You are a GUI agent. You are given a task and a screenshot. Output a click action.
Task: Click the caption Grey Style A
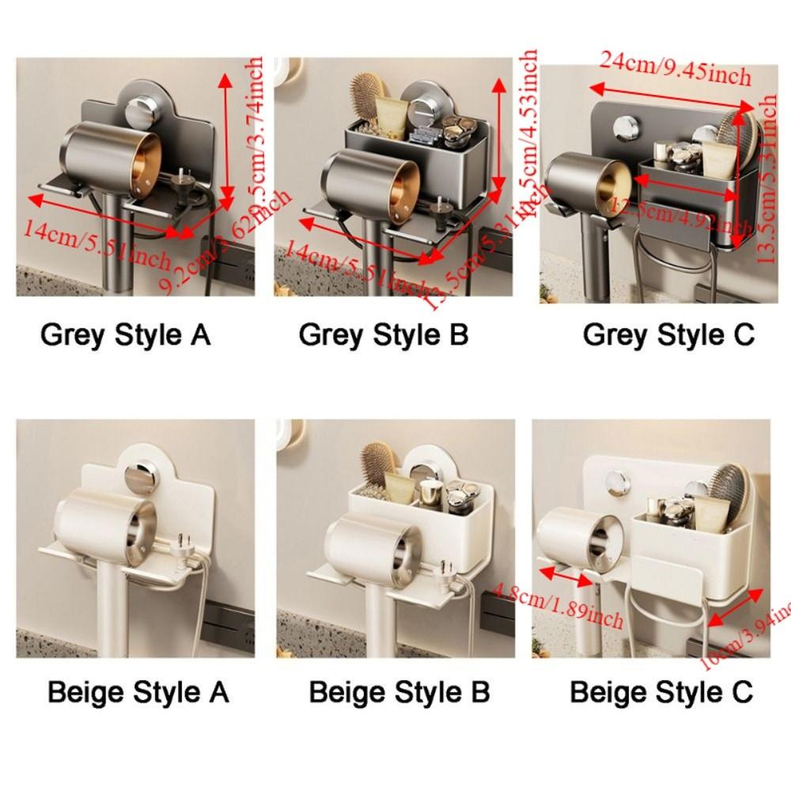click(x=125, y=335)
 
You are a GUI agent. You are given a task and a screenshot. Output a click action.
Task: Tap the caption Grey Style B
click(x=384, y=335)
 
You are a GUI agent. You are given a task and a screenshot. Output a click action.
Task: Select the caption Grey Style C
click(x=668, y=335)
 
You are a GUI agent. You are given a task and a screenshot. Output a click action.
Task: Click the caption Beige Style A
click(x=138, y=692)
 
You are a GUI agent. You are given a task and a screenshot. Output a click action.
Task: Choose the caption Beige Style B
click(x=399, y=692)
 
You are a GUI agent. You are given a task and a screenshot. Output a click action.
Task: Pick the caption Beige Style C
click(x=660, y=692)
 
